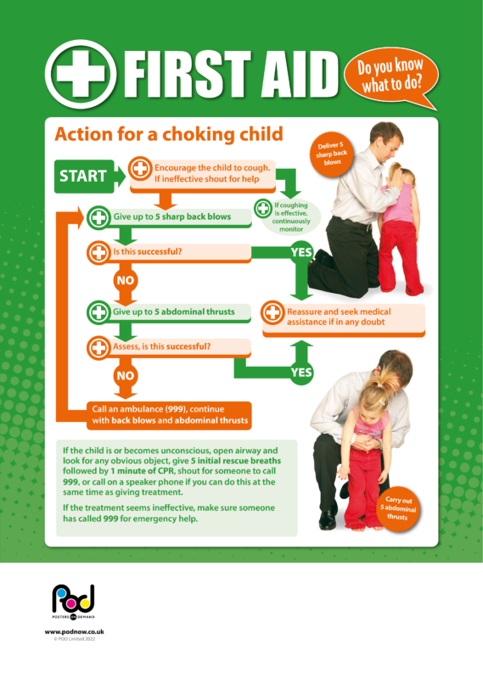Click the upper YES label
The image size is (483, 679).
point(301,252)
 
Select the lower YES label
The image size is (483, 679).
point(301,372)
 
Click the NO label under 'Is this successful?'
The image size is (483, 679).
point(126,278)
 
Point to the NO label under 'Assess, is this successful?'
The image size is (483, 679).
point(126,374)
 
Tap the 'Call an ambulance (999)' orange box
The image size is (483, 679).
point(170,414)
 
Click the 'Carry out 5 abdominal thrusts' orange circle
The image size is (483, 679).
point(399,508)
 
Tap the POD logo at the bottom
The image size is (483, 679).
point(73,602)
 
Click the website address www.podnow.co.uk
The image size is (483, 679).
point(74,633)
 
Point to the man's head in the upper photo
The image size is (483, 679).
point(386,136)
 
